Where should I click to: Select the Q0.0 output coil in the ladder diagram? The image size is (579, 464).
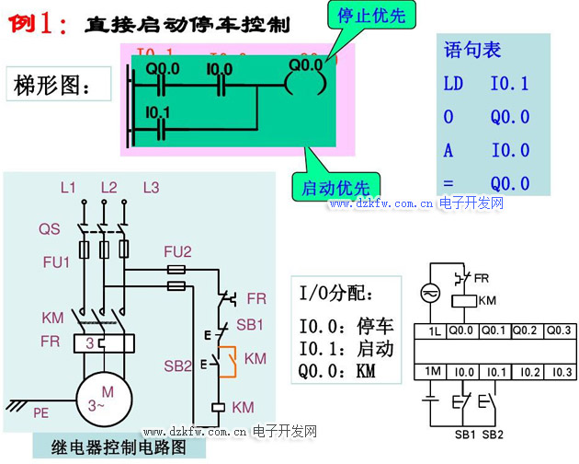[305, 83]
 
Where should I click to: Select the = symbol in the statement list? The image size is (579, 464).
[450, 183]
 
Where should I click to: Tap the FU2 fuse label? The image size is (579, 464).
[177, 251]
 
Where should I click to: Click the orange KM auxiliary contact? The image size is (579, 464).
[230, 361]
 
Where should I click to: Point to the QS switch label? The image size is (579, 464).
[50, 228]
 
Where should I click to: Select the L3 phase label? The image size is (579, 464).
[151, 188]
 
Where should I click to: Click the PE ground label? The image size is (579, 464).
[40, 413]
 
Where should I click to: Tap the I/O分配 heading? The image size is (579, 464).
[337, 294]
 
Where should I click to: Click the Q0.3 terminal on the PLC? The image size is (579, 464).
[559, 331]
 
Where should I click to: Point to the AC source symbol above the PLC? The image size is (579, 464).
[428, 292]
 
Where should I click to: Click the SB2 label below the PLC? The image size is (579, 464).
[494, 434]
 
